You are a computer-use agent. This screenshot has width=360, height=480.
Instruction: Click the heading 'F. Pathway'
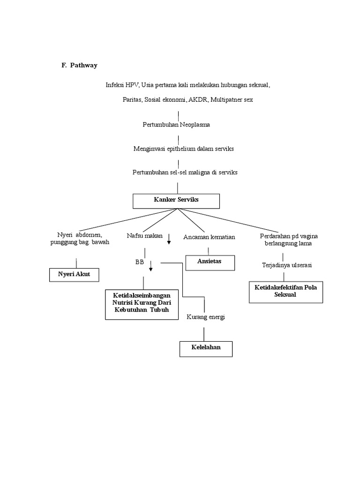pos(79,66)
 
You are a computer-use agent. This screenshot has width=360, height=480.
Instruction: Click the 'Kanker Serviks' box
pos(176,200)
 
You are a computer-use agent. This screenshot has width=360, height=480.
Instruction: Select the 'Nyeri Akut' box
pos(74,274)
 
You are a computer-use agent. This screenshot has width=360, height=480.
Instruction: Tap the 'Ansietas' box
pos(210,262)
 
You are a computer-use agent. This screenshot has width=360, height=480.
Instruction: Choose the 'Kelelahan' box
pos(206,349)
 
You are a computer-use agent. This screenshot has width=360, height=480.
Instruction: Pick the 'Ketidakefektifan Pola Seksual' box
pos(285,291)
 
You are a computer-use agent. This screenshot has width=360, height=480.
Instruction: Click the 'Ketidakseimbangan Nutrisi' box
pos(142,304)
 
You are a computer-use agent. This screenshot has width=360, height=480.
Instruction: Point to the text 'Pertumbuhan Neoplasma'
pos(176,125)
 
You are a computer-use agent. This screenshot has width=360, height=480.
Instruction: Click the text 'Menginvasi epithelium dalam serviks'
pos(183,149)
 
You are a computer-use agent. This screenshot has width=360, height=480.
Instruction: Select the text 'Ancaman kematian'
pos(209,237)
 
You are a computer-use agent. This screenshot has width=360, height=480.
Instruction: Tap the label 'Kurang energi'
pos(206,317)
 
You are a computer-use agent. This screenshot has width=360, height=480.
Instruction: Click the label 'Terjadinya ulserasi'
pos(287,265)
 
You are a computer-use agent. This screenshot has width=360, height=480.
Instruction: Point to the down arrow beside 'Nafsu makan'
pos(169,240)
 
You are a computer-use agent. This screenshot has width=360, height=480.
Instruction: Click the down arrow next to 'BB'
pos(151,266)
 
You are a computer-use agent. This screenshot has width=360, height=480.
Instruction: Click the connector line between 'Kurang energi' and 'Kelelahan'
pos(203,333)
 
